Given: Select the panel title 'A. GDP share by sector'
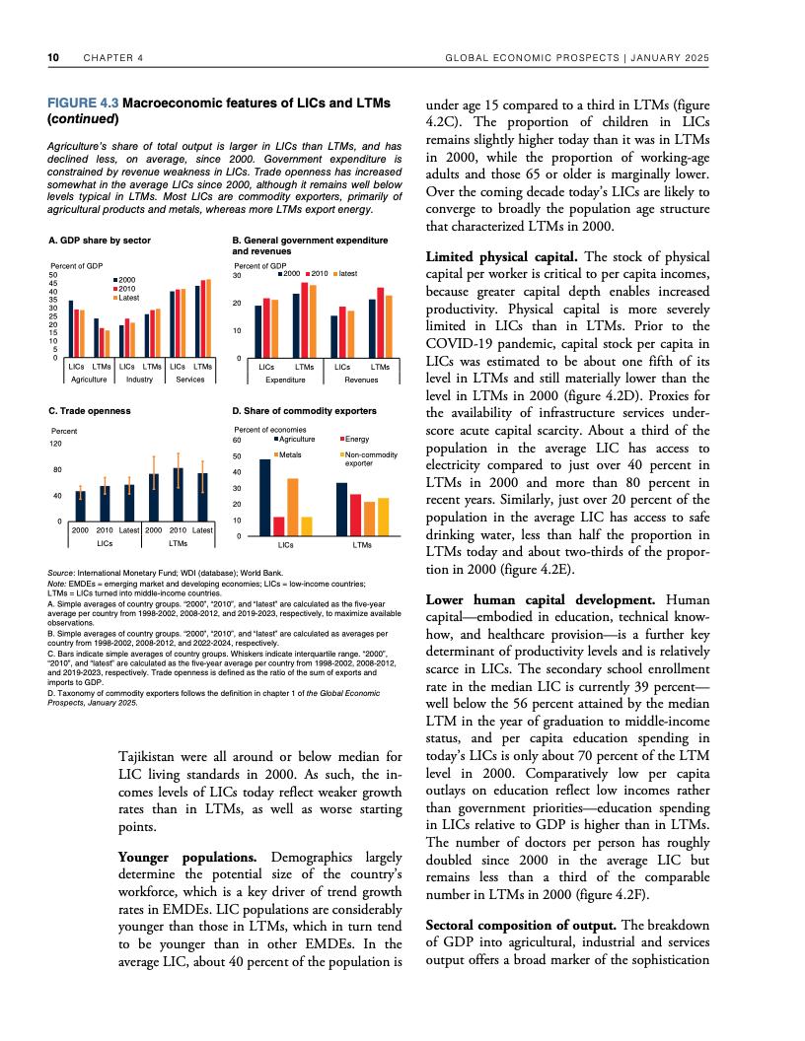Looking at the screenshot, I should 99,241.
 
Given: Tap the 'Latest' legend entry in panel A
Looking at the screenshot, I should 130,297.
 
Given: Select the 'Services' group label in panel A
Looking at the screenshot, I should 189,379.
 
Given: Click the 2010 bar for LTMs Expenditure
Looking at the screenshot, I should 305,320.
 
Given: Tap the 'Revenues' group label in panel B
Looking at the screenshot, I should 361,379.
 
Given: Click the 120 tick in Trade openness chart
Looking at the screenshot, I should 55,445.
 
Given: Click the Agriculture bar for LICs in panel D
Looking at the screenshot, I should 264,498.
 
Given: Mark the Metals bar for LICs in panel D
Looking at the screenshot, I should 293,507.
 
